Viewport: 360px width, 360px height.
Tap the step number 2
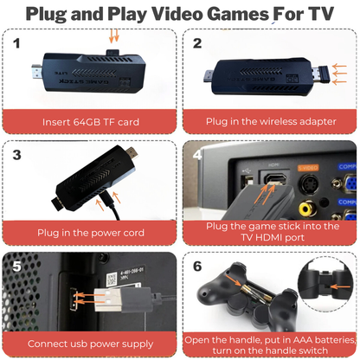pos(197,42)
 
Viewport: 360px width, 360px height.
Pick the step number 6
pos(197,266)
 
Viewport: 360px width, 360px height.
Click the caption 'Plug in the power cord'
pos(90,232)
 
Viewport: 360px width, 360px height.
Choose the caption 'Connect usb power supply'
pos(90,343)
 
